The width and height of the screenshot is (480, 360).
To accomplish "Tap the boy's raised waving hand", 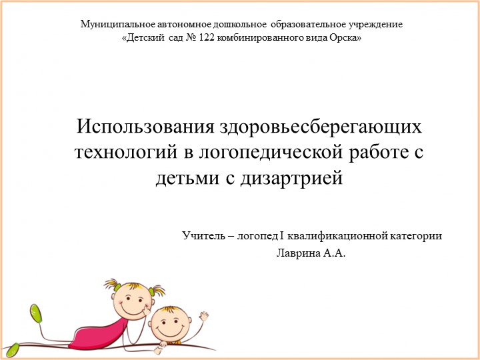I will (x=203, y=315).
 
